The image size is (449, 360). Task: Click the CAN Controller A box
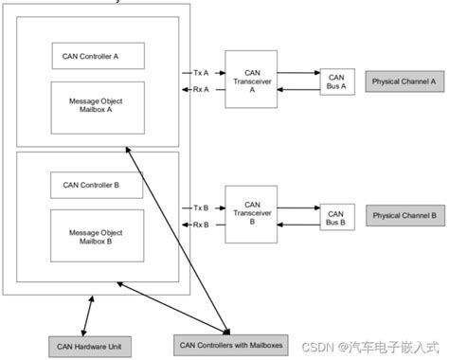[98, 55]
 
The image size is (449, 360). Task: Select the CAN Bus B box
[336, 215]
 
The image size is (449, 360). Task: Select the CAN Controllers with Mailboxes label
[227, 344]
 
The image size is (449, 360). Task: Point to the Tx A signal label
[200, 72]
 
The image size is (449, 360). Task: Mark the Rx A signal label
[200, 90]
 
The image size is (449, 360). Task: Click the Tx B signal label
[200, 207]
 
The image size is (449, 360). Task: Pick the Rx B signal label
[200, 225]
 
